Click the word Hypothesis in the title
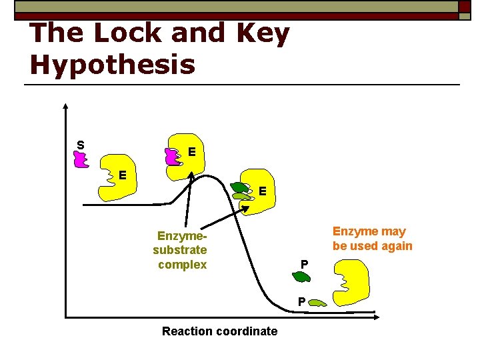[113, 64]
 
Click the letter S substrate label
[80, 145]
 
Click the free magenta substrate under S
[81, 159]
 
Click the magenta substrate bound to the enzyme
[172, 157]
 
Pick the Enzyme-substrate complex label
[180, 250]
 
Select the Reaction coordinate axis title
[219, 331]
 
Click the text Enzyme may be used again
[372, 239]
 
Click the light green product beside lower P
[317, 303]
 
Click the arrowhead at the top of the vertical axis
[65, 106]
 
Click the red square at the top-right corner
[465, 7]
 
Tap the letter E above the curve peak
[191, 152]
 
